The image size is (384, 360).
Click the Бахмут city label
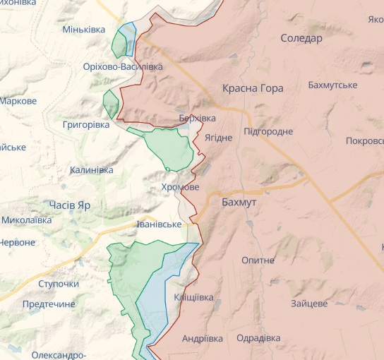239,203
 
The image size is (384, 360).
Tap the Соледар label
301,38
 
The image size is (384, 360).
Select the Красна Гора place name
253,88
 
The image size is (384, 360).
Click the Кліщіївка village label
193,297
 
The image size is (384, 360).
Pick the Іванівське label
159,224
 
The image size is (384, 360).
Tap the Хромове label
180,187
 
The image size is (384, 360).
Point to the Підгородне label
268,132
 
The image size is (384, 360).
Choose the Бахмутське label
332,85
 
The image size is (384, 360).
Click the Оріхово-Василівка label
122,66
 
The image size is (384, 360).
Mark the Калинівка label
91,170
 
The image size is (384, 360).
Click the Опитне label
258,260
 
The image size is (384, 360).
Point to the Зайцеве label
308,304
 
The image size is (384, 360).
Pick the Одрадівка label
258,338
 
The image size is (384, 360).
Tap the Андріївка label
203,338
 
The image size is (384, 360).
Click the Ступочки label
59,284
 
